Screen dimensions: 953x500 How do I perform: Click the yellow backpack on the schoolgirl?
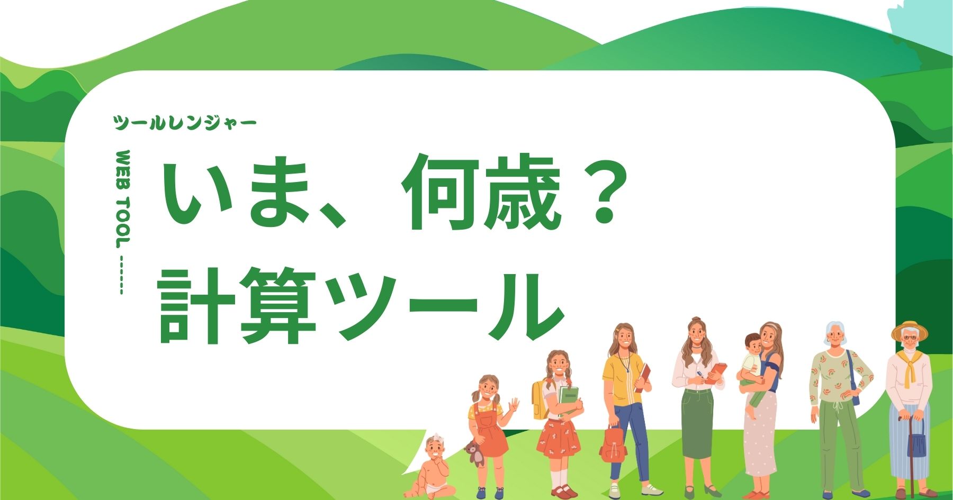tap(540, 399)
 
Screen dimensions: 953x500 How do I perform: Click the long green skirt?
tap(697, 423)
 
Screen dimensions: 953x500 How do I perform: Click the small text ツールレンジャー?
tap(185, 123)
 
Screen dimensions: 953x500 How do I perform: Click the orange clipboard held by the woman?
tap(717, 372)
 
